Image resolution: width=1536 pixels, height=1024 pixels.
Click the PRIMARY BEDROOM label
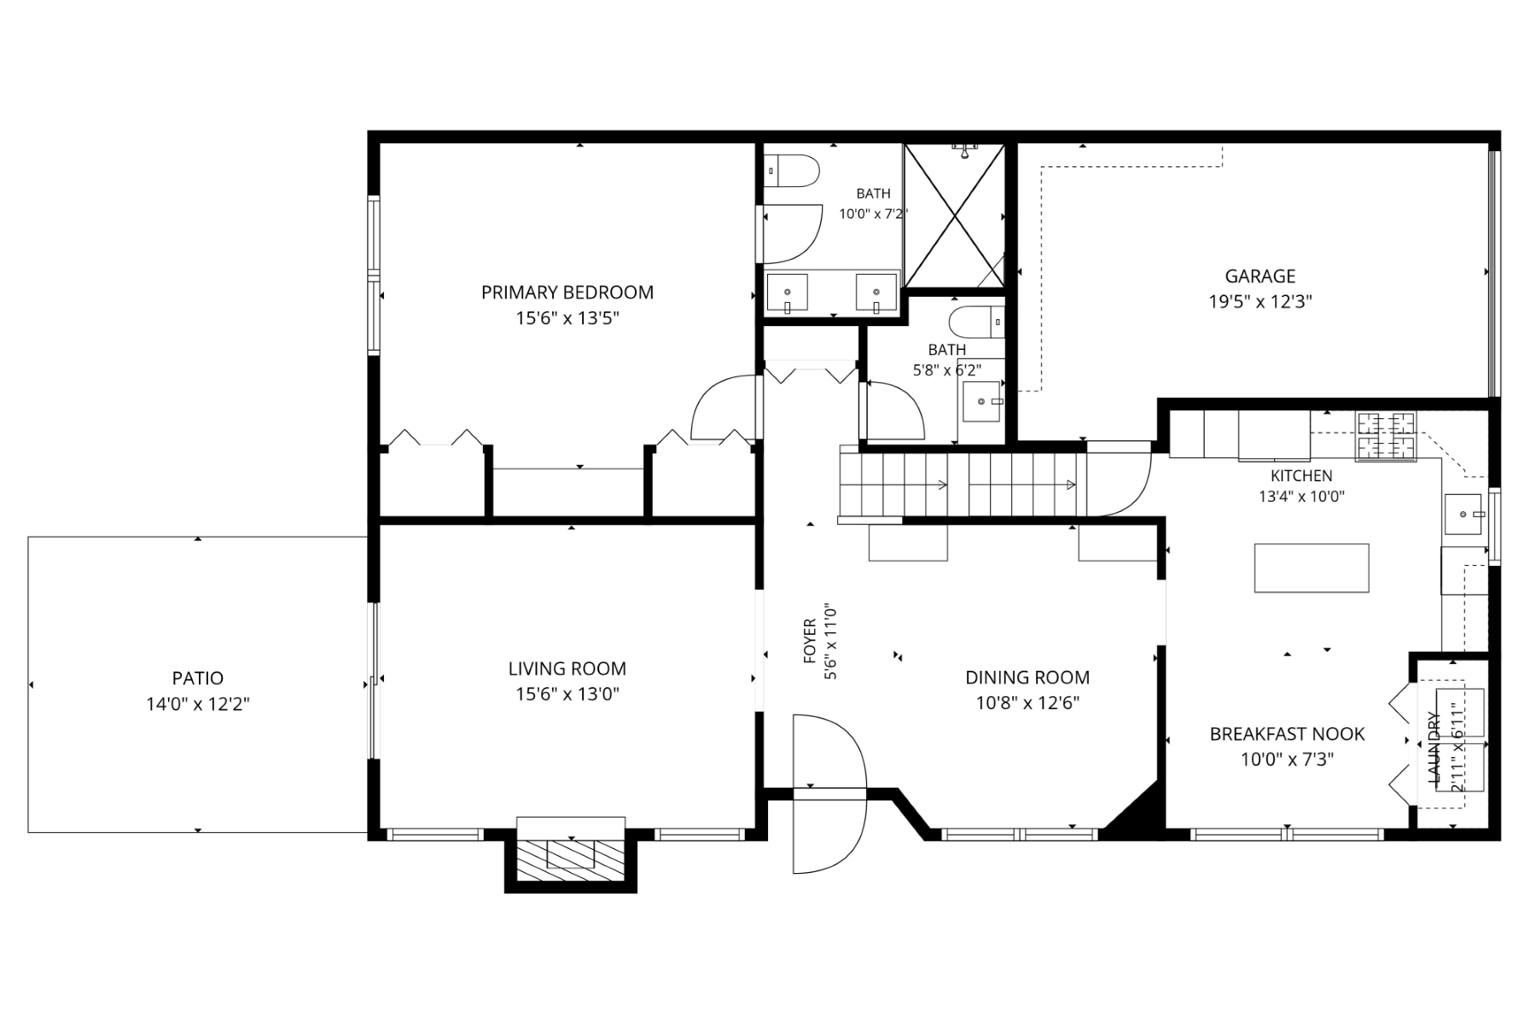567,293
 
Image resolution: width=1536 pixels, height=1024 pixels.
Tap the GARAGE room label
1260,276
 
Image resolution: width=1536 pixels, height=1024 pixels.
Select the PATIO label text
198,678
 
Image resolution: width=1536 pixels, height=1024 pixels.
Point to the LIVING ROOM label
567,669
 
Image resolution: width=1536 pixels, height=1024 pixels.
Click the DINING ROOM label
1027,678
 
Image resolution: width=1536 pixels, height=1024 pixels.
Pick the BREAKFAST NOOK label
1287,734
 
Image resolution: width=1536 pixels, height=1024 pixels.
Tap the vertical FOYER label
810,642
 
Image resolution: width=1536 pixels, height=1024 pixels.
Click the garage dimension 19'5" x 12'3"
1260,301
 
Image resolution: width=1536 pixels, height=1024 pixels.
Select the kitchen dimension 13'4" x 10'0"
1301,496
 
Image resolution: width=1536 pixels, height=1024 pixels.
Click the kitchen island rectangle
1312,568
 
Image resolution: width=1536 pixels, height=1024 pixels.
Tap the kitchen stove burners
1386,436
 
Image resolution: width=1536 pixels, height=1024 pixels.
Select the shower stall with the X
954,215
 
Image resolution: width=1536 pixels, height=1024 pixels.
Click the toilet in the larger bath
791,170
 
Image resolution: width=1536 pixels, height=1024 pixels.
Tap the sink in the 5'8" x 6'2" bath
983,401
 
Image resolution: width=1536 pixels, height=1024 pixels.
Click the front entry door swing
829,794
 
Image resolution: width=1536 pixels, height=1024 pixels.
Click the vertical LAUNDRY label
1434,748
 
